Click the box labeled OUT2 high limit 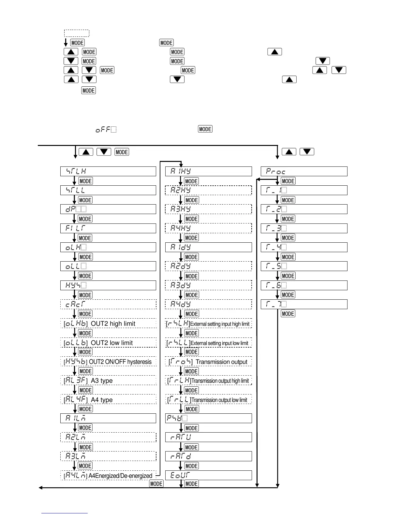(x=108, y=323)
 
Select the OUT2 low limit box (x=108, y=343)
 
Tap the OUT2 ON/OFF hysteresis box (x=108, y=362)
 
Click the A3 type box (x=108, y=380)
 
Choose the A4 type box (x=108, y=400)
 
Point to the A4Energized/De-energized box (x=108, y=476)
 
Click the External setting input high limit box (x=209, y=324)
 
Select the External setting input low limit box (x=209, y=343)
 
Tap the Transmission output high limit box (x=209, y=380)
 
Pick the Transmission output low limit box (x=209, y=400)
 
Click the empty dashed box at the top (x=77, y=33)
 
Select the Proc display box (x=304, y=171)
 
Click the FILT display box (x=108, y=228)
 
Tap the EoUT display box (x=209, y=475)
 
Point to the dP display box (x=108, y=209)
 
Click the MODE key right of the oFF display (x=205, y=129)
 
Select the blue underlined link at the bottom (x=65, y=513)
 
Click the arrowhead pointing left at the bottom (x=40, y=487)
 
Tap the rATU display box (x=209, y=437)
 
